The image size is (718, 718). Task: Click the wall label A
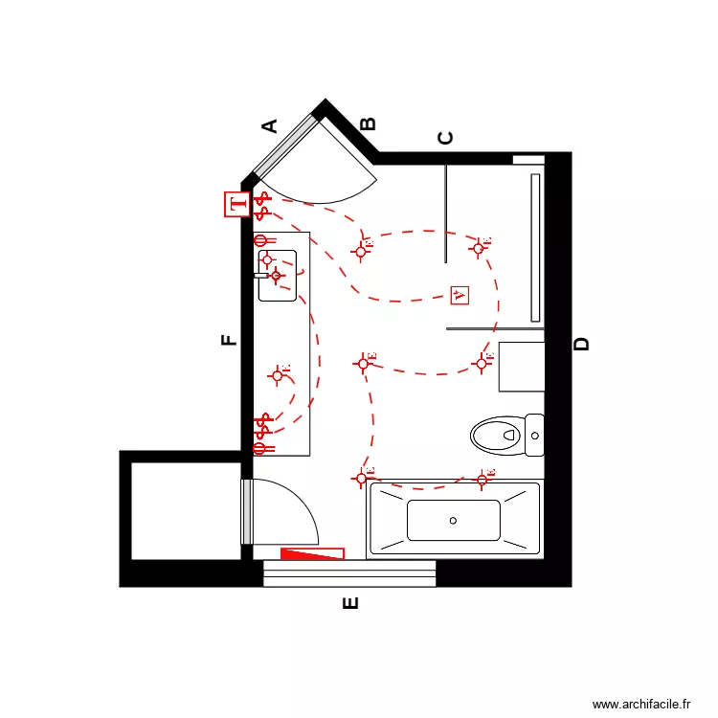tap(270, 124)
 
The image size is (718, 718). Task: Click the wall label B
tap(368, 123)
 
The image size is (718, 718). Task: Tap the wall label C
tap(445, 138)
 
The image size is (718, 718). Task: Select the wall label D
tap(582, 345)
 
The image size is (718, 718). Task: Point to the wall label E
tap(350, 603)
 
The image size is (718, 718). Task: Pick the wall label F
tap(229, 340)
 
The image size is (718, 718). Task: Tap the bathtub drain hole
tap(453, 521)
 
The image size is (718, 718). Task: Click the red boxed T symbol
tap(236, 204)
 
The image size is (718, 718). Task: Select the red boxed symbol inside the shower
tap(460, 295)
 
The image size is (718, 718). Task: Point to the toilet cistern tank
tap(534, 436)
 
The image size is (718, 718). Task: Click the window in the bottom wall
tap(349, 573)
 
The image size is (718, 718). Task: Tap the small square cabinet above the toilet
tap(522, 366)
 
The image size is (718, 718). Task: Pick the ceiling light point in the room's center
tap(364, 363)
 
